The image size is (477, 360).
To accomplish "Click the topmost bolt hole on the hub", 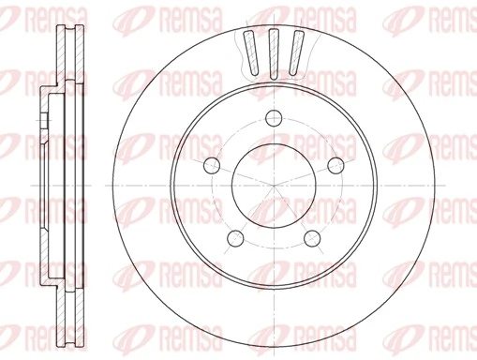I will pos(274,118).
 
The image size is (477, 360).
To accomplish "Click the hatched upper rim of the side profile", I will pos(65,56).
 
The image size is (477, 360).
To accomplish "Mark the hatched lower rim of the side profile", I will pos(65,305).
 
